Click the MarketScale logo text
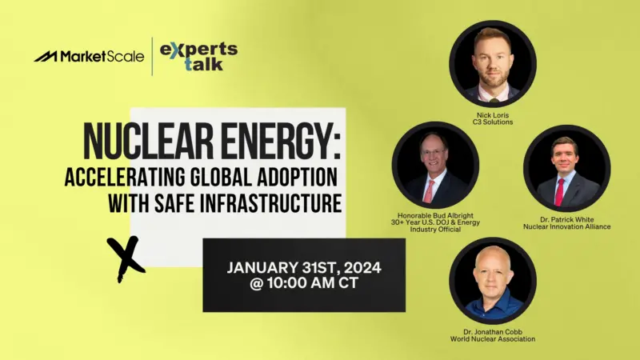[102, 56]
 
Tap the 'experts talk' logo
[198, 56]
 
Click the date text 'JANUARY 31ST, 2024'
[304, 268]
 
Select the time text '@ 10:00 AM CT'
[304, 283]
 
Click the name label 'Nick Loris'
[493, 115]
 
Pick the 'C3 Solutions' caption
[493, 122]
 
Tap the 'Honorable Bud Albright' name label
[435, 215]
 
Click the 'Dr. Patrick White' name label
[567, 219]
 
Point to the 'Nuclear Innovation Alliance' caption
[567, 226]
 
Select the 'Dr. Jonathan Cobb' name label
[493, 332]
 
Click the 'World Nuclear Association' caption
[493, 339]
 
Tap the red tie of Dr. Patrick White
[559, 192]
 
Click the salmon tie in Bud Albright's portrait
[429, 191]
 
